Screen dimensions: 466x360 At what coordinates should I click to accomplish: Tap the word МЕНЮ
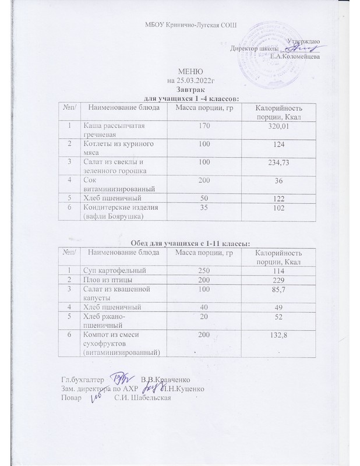point(182,71)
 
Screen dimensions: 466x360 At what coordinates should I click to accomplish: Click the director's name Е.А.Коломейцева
point(294,56)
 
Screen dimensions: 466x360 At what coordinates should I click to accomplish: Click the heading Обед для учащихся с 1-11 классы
point(183,242)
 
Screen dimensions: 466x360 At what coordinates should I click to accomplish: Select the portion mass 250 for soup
point(203,270)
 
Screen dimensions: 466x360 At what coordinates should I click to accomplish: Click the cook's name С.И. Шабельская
point(141,398)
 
